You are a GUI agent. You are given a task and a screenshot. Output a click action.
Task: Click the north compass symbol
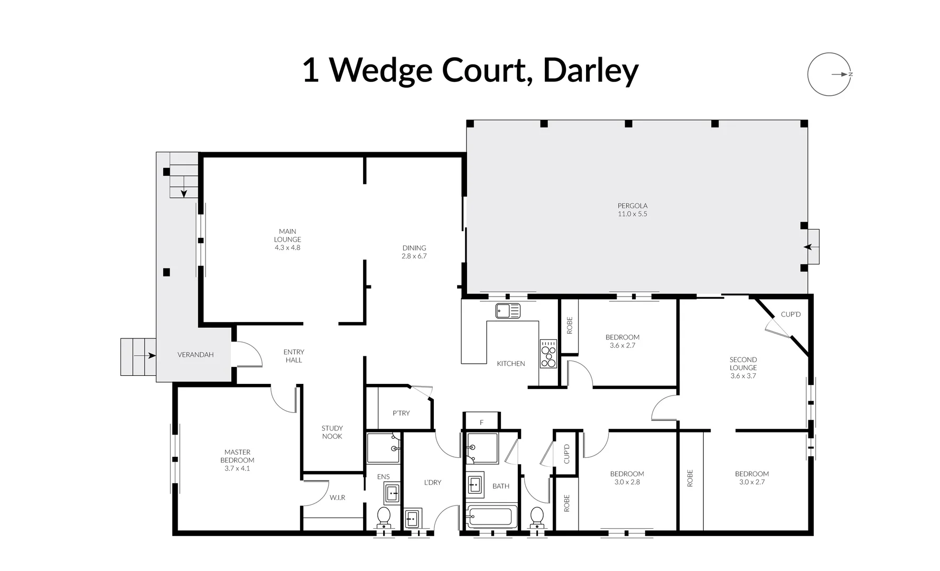point(830,75)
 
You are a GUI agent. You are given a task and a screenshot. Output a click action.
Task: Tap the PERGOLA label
point(632,206)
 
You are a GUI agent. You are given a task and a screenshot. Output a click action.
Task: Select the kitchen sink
point(508,311)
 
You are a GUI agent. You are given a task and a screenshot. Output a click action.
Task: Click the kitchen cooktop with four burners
point(548,354)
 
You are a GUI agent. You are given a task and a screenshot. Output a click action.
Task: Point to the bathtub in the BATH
point(492,516)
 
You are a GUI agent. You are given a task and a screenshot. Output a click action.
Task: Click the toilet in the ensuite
point(384,515)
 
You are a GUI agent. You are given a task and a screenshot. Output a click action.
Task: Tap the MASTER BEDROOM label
point(237,456)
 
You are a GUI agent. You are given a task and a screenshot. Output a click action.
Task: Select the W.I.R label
point(337,498)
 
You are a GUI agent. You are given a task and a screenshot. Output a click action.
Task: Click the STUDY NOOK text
point(332,432)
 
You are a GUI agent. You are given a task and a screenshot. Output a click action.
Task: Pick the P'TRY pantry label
point(401,413)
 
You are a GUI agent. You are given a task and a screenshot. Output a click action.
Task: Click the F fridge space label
point(481,422)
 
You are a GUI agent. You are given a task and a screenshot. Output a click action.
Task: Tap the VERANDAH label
point(196,355)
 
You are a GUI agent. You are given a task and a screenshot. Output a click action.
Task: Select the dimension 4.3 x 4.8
point(287,247)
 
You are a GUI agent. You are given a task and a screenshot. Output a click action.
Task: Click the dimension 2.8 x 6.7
point(414,256)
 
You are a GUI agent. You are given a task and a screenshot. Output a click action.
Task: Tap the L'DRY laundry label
point(432,482)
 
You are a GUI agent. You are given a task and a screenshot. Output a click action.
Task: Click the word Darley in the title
point(590,70)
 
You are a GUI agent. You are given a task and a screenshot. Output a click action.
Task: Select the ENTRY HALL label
point(294,356)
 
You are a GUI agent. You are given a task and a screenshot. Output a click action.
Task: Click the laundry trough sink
point(412,519)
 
